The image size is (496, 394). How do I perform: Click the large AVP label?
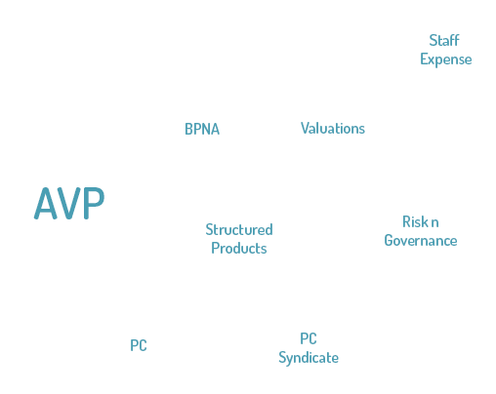pos(69,203)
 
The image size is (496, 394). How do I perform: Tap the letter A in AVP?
pos(45,203)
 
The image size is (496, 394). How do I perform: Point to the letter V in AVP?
pos(69,203)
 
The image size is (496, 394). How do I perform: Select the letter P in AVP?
pos(94,203)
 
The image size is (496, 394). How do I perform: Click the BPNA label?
pos(202,129)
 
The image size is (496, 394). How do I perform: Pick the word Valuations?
pos(333,128)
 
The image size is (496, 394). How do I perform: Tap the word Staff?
pos(444,41)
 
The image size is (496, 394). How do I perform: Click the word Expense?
pos(446,59)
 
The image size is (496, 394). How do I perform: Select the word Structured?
pos(239,229)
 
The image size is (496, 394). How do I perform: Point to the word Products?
pos(239,249)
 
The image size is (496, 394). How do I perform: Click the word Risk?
pos(416,221)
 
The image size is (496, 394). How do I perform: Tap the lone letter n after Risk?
pos(434,223)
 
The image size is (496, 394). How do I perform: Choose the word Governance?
pos(421,241)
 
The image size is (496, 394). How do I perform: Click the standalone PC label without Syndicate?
pos(139,345)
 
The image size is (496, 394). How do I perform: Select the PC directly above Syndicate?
pos(309,338)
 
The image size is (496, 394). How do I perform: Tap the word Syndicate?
pos(309,358)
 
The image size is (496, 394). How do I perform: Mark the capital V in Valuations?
pos(306,128)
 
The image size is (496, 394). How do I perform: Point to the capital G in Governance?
pos(389,241)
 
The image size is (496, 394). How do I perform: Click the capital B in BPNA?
pos(189,129)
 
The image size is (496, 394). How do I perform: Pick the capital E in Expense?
pos(424,59)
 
